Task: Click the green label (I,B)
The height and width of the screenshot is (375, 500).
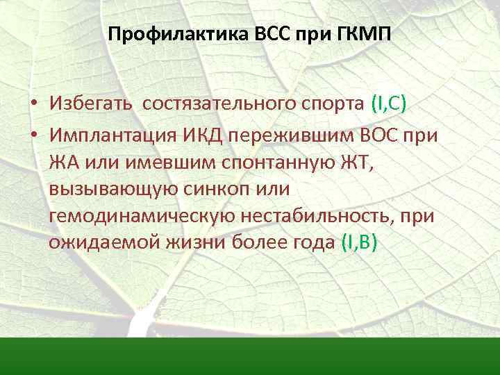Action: [359, 244]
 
